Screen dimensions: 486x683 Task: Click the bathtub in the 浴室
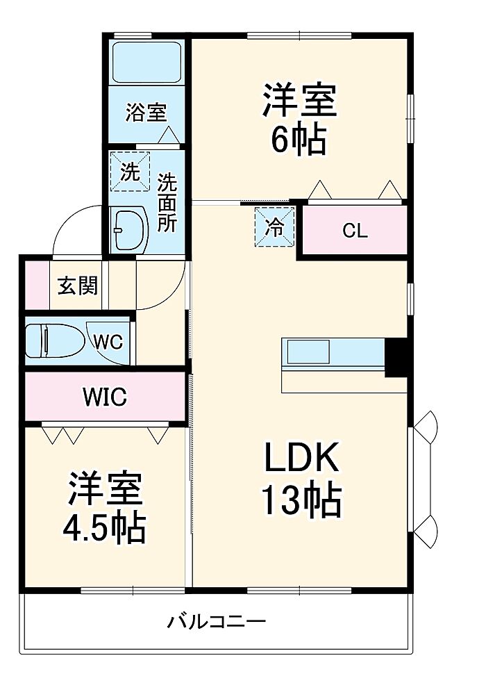point(146,61)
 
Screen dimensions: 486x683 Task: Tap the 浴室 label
point(146,113)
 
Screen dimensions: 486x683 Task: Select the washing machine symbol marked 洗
point(130,171)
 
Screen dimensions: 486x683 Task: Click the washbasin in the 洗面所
point(129,229)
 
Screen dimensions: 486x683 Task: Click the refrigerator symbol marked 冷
point(274,227)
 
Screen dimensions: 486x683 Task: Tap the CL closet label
point(355,231)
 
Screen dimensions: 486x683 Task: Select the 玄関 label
point(78,286)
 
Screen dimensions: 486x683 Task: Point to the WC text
point(109,342)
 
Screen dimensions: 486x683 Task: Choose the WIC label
point(106,397)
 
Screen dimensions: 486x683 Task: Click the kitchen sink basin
point(308,352)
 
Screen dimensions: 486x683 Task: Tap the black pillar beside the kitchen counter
point(396,357)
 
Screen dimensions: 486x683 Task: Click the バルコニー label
point(216,621)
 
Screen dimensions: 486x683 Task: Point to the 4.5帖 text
point(104,527)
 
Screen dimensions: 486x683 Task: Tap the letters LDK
point(302,457)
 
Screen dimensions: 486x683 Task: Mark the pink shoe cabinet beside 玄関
point(37,285)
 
